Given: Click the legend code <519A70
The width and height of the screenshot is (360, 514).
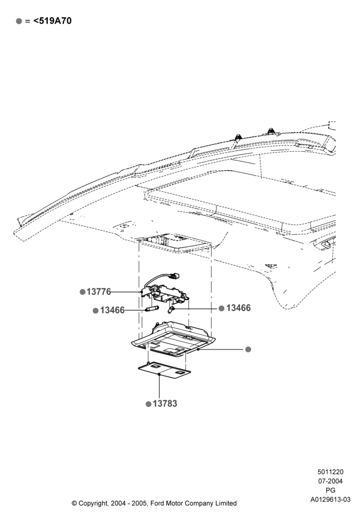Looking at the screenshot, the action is point(52,21).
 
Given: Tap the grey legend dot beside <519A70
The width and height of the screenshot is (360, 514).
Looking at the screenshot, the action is point(19,21).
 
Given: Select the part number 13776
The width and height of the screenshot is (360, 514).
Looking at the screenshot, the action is point(99,292).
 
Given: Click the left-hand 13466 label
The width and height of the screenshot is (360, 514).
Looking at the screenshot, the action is point(113,310).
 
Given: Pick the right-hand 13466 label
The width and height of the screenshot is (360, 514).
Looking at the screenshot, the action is point(238,308).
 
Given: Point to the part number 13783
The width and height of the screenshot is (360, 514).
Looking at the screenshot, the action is point(165,403).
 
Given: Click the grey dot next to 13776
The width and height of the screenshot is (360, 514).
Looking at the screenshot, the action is point(83,292).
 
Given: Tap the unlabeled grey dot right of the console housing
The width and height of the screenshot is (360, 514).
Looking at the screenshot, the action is point(248,350).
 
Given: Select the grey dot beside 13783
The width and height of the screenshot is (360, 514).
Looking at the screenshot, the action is point(149,404).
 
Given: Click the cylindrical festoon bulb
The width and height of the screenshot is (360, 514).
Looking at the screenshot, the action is point(152,309).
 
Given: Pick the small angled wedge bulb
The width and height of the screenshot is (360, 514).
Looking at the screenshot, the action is point(171,308).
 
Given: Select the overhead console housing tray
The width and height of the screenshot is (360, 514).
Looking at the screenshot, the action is point(173,340).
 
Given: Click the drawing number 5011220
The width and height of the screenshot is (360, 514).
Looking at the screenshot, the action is point(331,472).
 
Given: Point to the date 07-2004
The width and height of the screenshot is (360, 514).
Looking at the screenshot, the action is point(331,481).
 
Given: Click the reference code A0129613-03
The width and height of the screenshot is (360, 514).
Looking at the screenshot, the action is point(331,500).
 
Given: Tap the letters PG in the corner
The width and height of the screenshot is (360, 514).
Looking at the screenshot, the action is point(331,490).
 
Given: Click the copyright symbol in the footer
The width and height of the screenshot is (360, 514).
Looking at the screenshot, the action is point(75,503).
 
